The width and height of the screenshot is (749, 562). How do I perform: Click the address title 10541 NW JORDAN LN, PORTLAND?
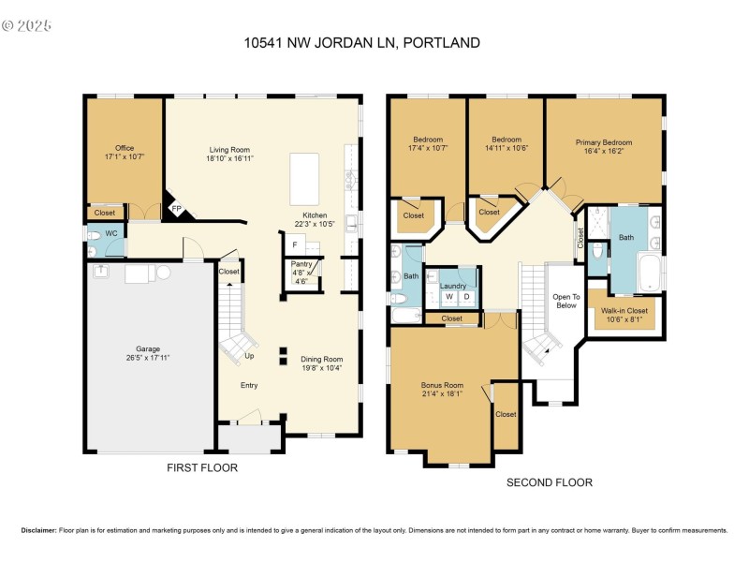tap(361, 42)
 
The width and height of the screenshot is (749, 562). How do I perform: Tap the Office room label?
tap(125, 148)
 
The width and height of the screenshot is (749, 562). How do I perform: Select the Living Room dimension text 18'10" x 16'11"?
tap(229, 158)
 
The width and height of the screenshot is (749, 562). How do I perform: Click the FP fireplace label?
tap(174, 209)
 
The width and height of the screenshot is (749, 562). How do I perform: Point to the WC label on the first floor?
tap(110, 232)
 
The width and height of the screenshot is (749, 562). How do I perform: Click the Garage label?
tap(148, 348)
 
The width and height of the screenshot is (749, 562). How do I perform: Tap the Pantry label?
tap(301, 264)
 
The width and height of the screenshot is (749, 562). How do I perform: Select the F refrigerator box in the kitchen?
tap(295, 244)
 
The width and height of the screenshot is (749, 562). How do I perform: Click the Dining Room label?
tap(321, 359)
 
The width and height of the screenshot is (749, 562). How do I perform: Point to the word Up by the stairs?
tap(248, 356)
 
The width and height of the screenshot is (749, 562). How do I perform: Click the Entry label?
tap(248, 385)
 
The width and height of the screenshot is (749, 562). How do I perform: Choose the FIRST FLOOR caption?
tap(201, 467)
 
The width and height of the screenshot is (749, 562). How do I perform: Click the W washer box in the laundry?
tap(448, 297)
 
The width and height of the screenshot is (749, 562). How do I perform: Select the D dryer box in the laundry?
tap(467, 297)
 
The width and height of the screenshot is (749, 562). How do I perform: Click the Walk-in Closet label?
tap(624, 310)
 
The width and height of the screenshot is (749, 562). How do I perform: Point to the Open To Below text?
tap(567, 301)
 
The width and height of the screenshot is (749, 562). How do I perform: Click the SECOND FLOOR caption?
tap(550, 482)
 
